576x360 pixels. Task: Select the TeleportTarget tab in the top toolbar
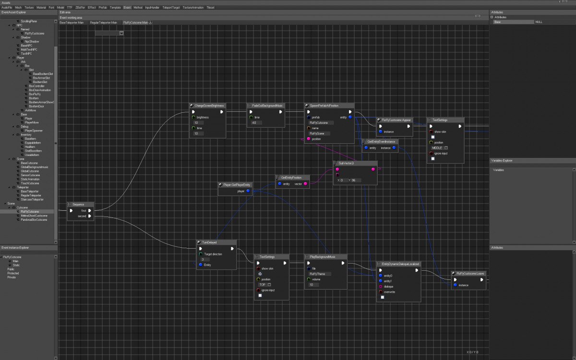coord(170,8)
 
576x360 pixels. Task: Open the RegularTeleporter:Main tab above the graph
coord(103,22)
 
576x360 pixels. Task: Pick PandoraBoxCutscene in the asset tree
coord(34,219)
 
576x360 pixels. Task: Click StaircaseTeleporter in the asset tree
coord(33,199)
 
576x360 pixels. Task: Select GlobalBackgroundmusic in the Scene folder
coord(35,167)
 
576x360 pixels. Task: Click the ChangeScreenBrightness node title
coord(209,105)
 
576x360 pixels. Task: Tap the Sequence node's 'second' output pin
coord(90,216)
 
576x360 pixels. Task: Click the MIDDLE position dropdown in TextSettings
coord(440,148)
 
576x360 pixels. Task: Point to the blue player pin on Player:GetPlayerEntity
coord(248,191)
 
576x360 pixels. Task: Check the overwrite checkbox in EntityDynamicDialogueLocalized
coord(383,297)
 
